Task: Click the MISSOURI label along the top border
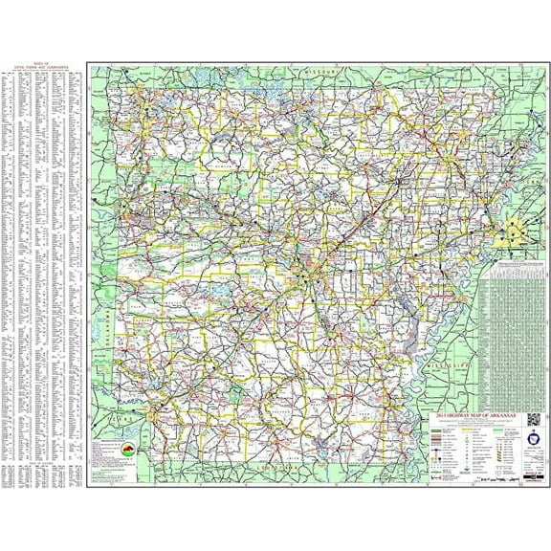point(321,73)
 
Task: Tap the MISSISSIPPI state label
point(448,364)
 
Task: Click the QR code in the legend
point(532,417)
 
